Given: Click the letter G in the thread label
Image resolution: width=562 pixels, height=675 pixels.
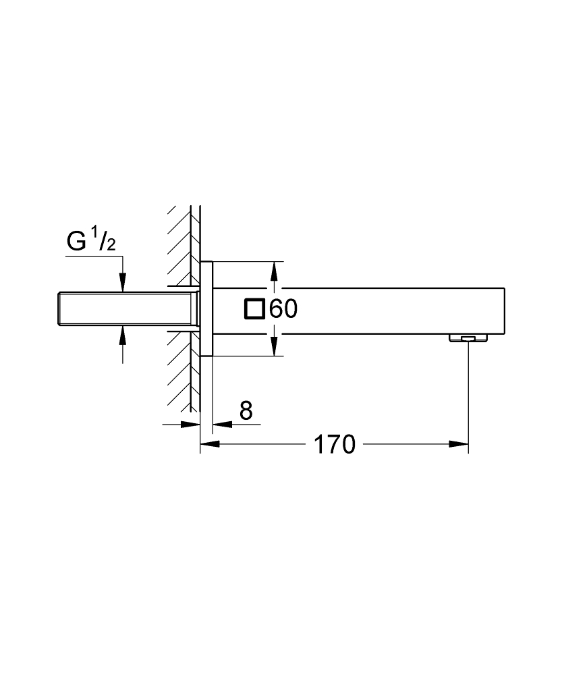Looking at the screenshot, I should click(76, 242).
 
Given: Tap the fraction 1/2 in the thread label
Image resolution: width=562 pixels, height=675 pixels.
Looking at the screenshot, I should click(103, 240).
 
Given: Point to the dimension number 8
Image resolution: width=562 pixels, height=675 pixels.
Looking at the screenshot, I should click(246, 410).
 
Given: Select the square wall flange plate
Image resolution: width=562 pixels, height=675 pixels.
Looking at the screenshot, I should click(206, 308).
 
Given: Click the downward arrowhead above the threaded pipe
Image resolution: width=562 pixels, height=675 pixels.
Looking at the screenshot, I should click(123, 284).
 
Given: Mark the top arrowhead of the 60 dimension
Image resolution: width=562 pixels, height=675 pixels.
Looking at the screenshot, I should click(274, 270).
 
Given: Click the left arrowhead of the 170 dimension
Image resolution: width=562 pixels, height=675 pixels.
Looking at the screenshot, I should click(208, 444).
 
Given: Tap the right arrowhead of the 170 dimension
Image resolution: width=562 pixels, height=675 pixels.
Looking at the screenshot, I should click(460, 444).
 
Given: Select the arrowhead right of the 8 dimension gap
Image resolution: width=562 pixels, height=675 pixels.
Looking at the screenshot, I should click(221, 425).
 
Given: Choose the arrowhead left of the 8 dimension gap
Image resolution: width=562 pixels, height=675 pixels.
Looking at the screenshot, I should click(192, 425).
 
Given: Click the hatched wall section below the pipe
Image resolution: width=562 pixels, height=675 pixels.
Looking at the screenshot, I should click(179, 371).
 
